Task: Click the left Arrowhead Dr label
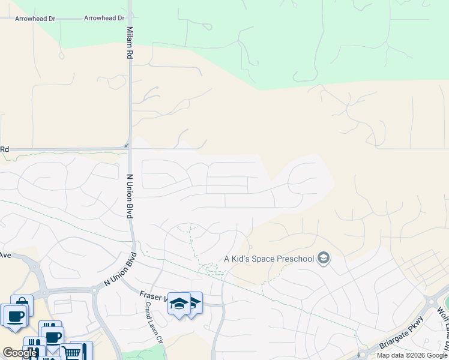(x=35, y=19)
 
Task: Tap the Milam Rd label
(x=130, y=43)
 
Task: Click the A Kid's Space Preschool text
(x=270, y=259)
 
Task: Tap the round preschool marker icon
(x=324, y=259)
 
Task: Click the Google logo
(x=20, y=353)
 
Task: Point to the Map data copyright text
(x=412, y=355)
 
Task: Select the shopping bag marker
(x=22, y=304)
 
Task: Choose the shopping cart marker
(x=71, y=352)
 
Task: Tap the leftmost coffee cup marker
(x=14, y=315)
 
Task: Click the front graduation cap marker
(x=178, y=304)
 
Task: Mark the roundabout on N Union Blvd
(x=94, y=290)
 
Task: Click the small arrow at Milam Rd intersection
(x=126, y=146)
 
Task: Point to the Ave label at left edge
(x=5, y=255)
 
